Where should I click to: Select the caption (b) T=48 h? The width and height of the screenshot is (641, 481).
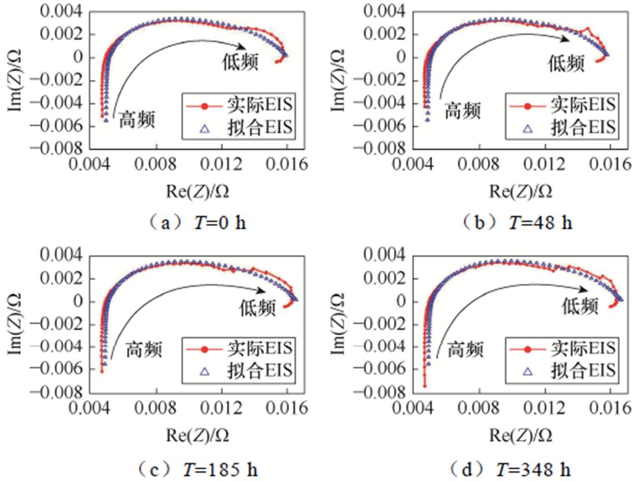click(x=517, y=222)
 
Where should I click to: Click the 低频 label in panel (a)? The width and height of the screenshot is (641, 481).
click(x=240, y=62)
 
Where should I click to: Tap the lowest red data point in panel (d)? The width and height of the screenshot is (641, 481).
click(x=425, y=385)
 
